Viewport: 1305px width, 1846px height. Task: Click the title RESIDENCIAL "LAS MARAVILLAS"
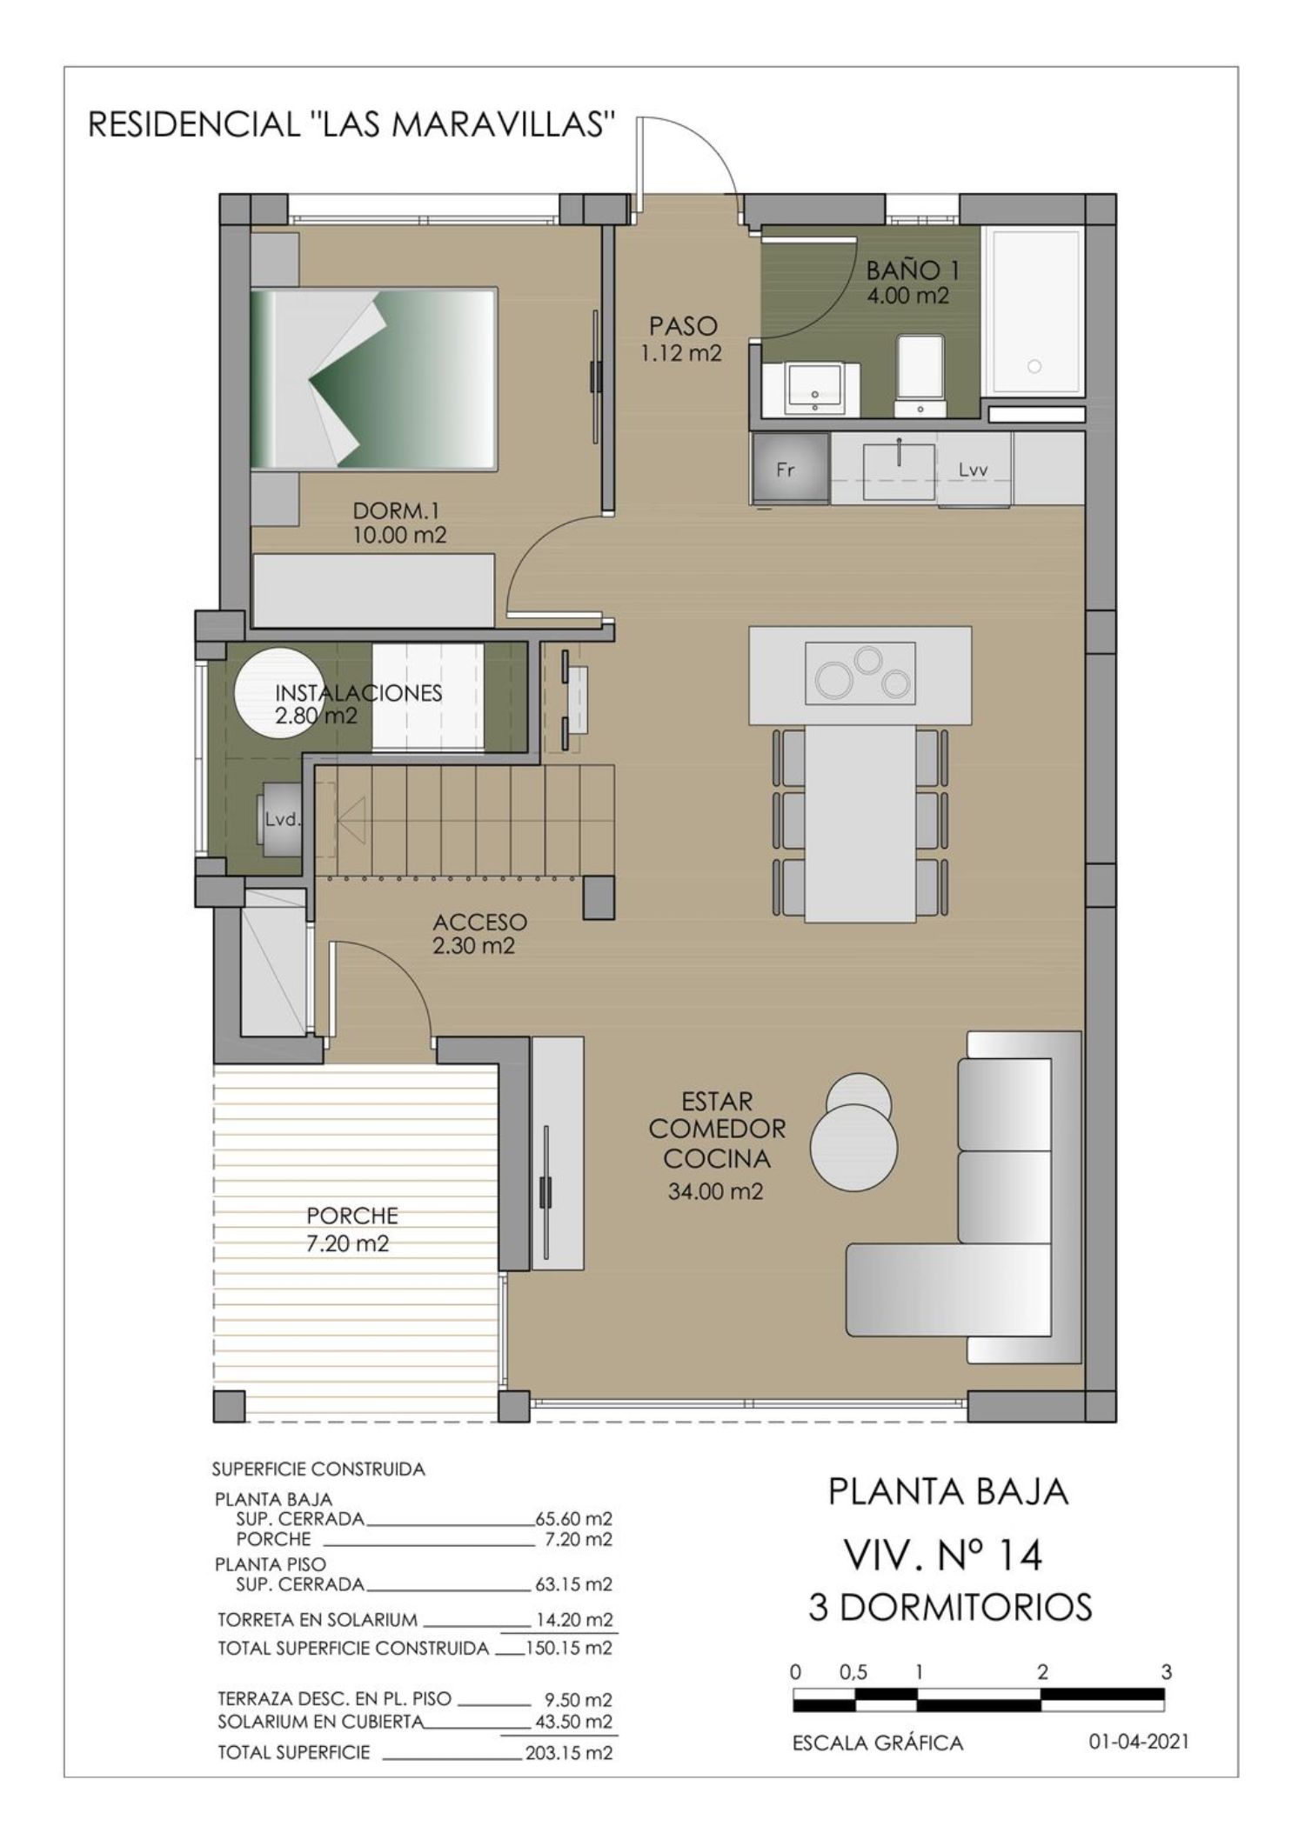[x=352, y=125]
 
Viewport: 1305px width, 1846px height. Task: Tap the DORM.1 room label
[x=396, y=511]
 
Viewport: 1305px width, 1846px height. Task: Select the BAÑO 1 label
[x=912, y=270]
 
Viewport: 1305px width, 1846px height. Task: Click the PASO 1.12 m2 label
[x=684, y=339]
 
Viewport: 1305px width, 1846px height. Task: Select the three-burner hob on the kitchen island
[x=860, y=673]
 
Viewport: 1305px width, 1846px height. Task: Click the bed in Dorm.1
[x=374, y=379]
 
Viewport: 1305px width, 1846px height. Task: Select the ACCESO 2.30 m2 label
[x=479, y=933]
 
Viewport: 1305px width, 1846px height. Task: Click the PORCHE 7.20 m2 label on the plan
[x=351, y=1229]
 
